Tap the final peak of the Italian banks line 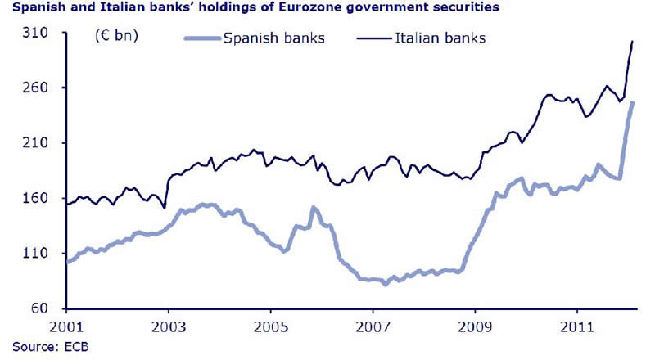pyautogui.click(x=632, y=41)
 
